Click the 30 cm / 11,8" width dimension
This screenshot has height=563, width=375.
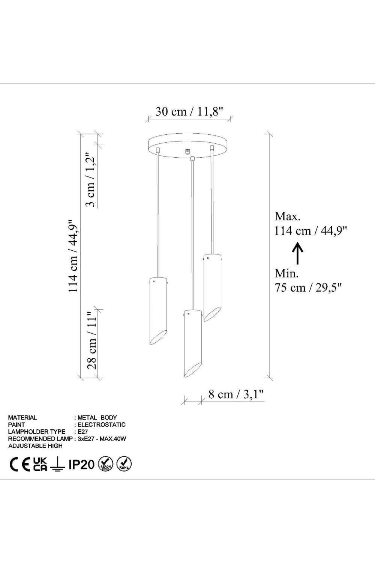pos(189,111)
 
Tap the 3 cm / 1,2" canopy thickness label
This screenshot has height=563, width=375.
pos(90,179)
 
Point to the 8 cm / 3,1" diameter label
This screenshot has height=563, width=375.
pos(236,394)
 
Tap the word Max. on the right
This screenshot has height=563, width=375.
pos(287,217)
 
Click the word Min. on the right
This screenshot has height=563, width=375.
pos(286,274)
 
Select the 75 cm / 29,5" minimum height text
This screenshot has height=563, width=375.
pos(309,288)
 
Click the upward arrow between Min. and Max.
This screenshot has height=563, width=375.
pos(298,253)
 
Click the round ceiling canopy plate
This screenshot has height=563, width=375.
pos(188,145)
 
